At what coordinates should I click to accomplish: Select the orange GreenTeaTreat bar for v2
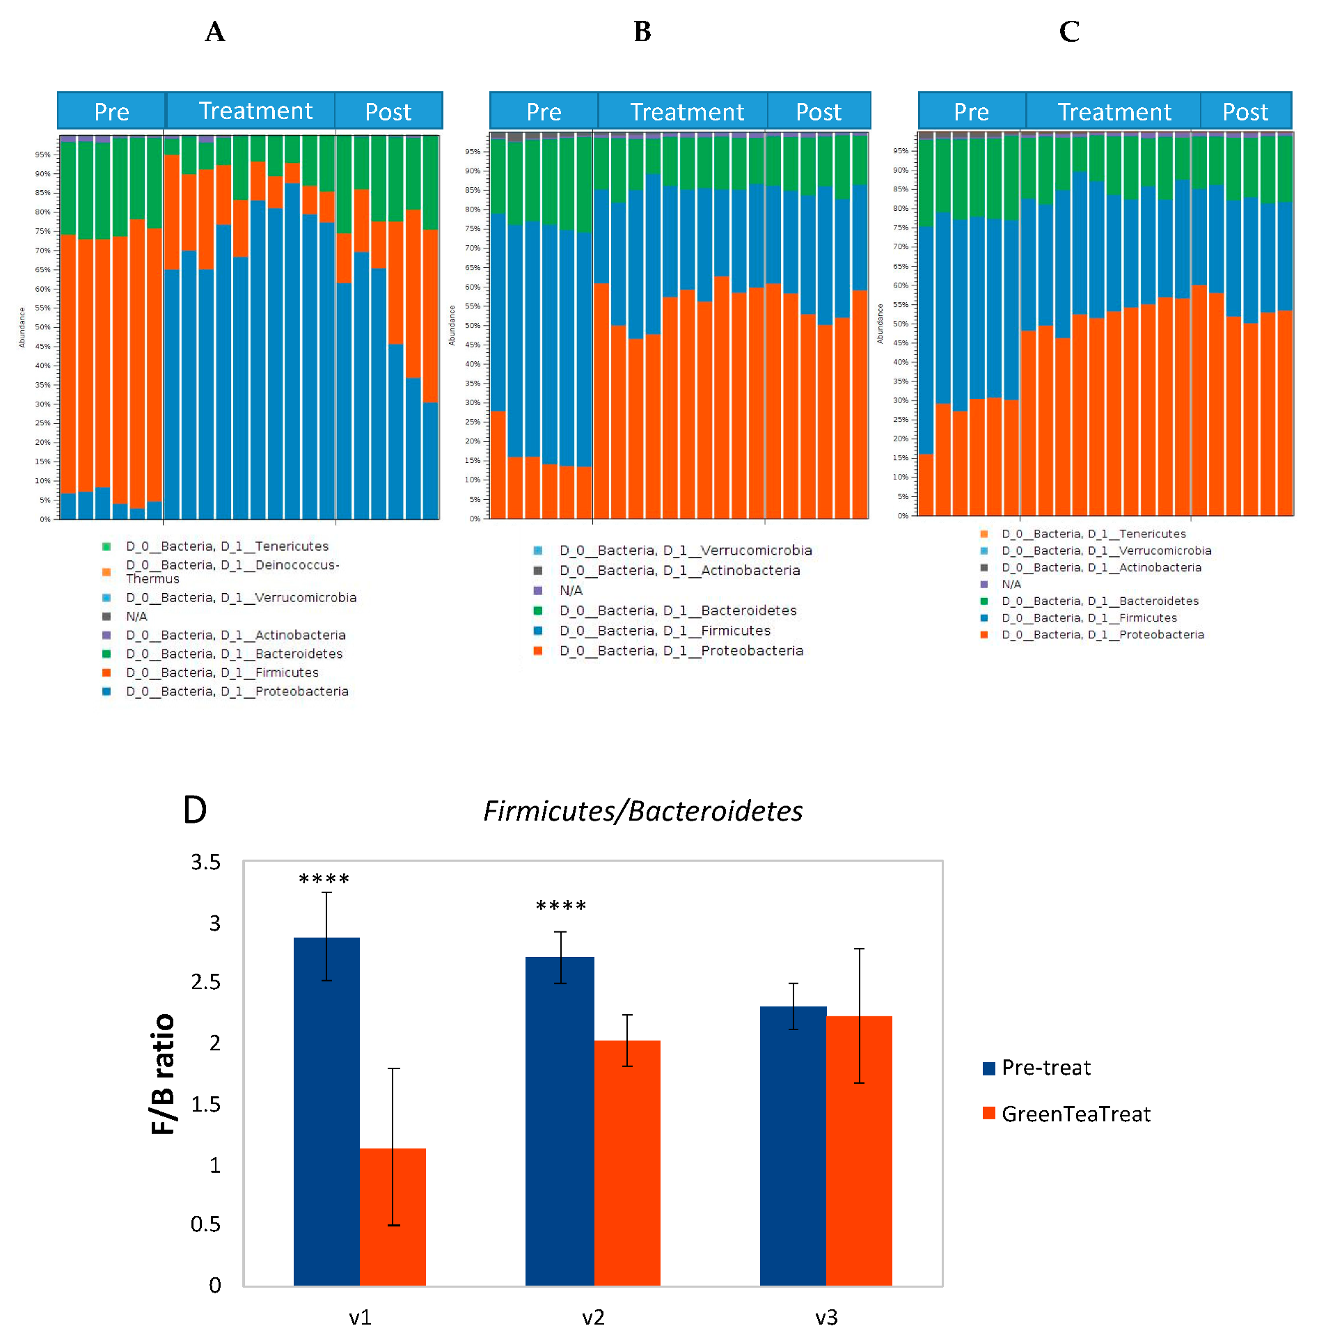click(627, 1162)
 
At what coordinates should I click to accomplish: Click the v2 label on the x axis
click(593, 1318)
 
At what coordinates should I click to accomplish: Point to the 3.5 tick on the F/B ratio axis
click(206, 862)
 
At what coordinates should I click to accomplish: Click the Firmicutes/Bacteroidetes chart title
click(642, 811)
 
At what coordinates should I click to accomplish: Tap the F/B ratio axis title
click(163, 1073)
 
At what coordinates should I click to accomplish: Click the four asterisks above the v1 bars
click(324, 880)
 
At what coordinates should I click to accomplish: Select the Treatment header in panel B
click(687, 112)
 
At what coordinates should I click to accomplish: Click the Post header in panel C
click(1245, 112)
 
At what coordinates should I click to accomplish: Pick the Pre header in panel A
click(111, 112)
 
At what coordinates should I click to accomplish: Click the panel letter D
click(195, 810)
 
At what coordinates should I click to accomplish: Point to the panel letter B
click(642, 32)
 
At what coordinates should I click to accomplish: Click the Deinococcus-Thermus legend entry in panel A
click(232, 571)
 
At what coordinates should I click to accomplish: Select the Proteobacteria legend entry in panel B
click(681, 651)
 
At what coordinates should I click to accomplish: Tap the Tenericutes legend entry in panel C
click(1093, 534)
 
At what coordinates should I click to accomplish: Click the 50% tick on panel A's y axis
click(42, 327)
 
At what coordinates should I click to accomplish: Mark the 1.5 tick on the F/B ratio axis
click(206, 1104)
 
